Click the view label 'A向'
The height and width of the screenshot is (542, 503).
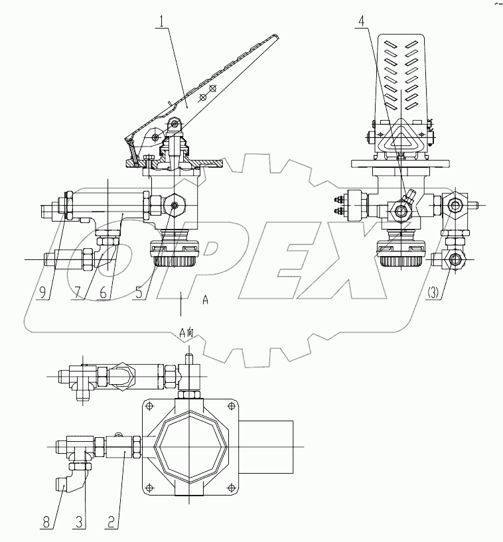186,334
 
